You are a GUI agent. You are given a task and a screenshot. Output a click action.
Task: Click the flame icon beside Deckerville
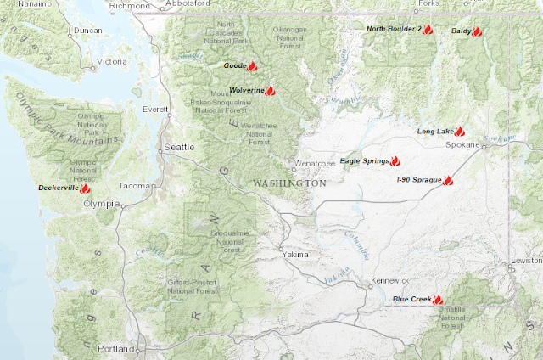[85, 188]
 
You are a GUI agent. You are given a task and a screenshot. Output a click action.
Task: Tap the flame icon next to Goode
[252, 65]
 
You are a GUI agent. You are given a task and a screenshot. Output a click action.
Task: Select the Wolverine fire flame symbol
[270, 90]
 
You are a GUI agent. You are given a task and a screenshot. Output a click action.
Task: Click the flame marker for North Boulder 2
[428, 29]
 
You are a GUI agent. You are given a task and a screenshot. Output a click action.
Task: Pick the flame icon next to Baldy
[477, 31]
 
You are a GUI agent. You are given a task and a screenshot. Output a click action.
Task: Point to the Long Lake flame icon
[459, 132]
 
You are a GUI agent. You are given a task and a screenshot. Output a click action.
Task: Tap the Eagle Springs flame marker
[395, 160]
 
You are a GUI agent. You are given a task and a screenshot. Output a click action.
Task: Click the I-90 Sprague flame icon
[448, 181]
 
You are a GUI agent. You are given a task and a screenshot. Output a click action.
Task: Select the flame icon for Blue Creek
[438, 299]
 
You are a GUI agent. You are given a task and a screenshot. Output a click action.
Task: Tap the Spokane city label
[462, 145]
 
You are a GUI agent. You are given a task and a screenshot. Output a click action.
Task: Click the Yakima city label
[294, 253]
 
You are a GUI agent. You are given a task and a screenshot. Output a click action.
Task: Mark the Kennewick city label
[389, 280]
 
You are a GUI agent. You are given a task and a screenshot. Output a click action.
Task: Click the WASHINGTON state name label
[289, 183]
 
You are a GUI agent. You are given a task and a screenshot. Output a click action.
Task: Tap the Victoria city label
[112, 62]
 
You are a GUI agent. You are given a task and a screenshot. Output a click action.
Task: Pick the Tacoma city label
[137, 186]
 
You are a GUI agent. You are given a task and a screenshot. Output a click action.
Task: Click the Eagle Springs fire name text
[364, 160]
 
